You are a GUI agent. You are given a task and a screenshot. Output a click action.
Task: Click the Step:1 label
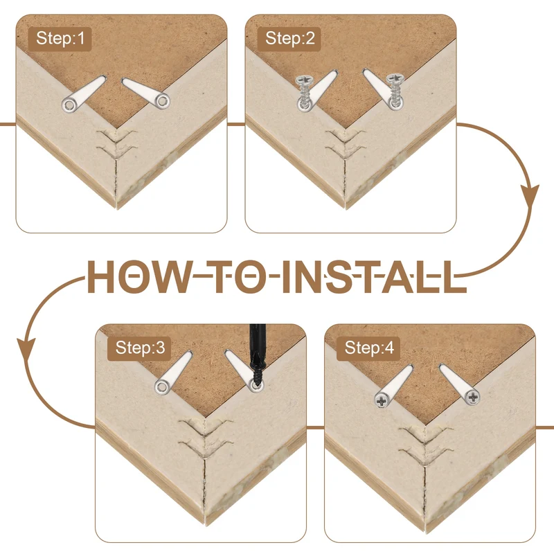tap(60, 38)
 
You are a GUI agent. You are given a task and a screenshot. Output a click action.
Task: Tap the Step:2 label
tap(289, 38)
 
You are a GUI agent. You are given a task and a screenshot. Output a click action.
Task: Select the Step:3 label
tap(140, 348)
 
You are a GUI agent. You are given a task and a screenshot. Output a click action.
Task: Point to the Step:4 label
tap(369, 348)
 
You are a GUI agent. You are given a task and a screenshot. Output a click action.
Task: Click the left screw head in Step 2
tap(303, 80)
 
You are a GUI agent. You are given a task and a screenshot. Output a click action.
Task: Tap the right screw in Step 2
tap(395, 90)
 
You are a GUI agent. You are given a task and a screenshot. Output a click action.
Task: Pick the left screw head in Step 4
tap(382, 401)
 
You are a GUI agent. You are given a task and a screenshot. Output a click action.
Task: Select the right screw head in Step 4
tap(473, 397)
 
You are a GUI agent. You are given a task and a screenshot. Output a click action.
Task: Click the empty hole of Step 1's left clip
tap(69, 105)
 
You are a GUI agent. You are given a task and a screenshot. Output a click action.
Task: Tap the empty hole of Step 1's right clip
tap(163, 102)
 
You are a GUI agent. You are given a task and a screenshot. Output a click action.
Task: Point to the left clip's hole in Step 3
tap(162, 386)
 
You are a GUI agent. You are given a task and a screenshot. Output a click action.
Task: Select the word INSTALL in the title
tap(374, 277)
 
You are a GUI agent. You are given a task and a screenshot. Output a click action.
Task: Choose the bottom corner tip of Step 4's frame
tap(425, 533)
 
